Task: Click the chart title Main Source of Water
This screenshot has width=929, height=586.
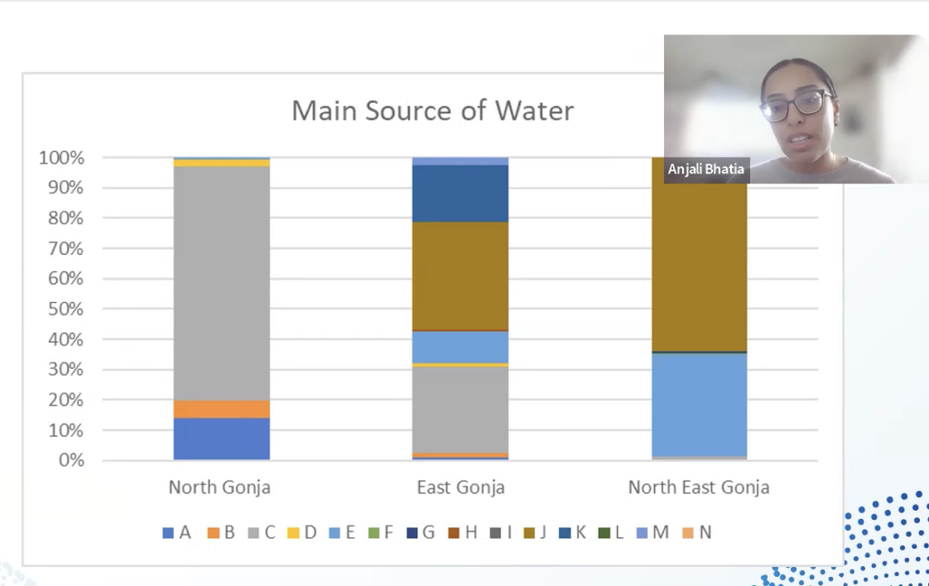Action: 432,111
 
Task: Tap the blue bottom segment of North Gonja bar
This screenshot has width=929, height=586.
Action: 221,439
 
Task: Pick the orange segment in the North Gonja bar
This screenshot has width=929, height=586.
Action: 221,408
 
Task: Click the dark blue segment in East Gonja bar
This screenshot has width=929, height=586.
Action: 460,193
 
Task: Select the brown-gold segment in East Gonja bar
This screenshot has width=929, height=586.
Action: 460,276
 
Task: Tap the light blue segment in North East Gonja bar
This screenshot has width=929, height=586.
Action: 699,404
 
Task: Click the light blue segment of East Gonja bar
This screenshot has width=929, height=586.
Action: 460,347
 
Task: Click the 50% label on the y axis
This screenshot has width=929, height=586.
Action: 64,309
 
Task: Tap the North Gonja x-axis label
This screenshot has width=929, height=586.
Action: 220,487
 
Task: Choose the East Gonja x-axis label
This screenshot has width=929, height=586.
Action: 461,487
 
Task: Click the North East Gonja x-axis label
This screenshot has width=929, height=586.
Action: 699,487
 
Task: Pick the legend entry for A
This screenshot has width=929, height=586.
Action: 177,532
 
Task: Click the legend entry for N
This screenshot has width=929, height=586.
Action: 697,532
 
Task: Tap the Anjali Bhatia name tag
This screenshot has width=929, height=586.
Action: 707,170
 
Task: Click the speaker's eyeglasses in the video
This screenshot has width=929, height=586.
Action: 796,106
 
